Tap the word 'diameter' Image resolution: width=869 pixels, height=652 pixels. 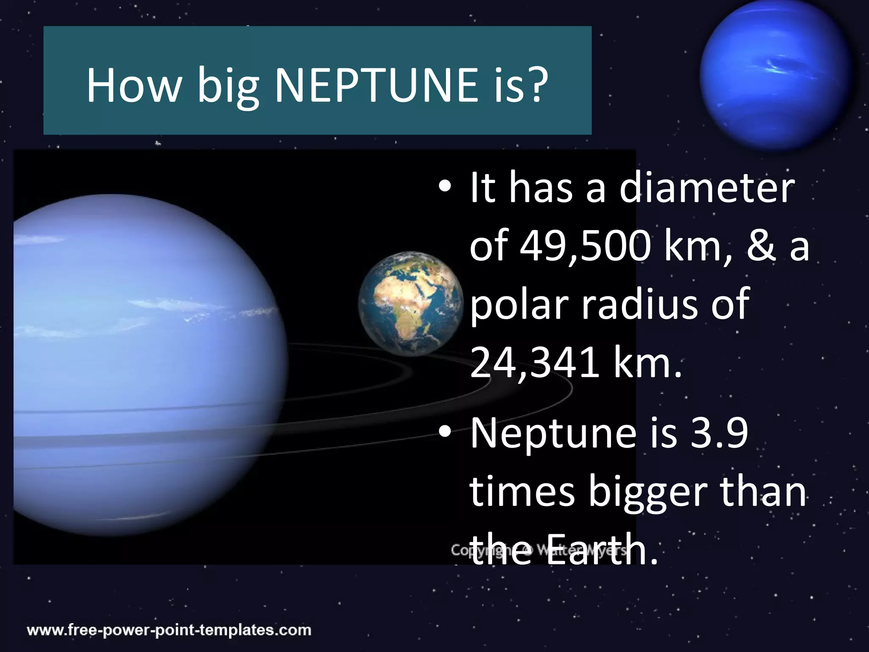click(706, 188)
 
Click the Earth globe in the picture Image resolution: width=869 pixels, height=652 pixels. click(410, 304)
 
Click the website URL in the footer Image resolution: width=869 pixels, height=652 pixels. click(169, 630)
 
